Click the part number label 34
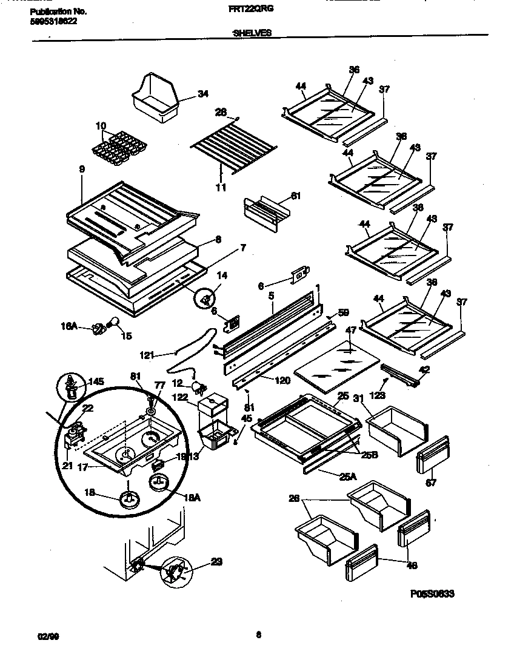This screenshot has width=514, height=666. coord(202,94)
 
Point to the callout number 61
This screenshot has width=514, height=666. coord(295,196)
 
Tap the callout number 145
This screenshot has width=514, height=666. coord(96,381)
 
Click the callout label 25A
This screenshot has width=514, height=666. coord(348,476)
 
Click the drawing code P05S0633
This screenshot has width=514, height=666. coord(432,595)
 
